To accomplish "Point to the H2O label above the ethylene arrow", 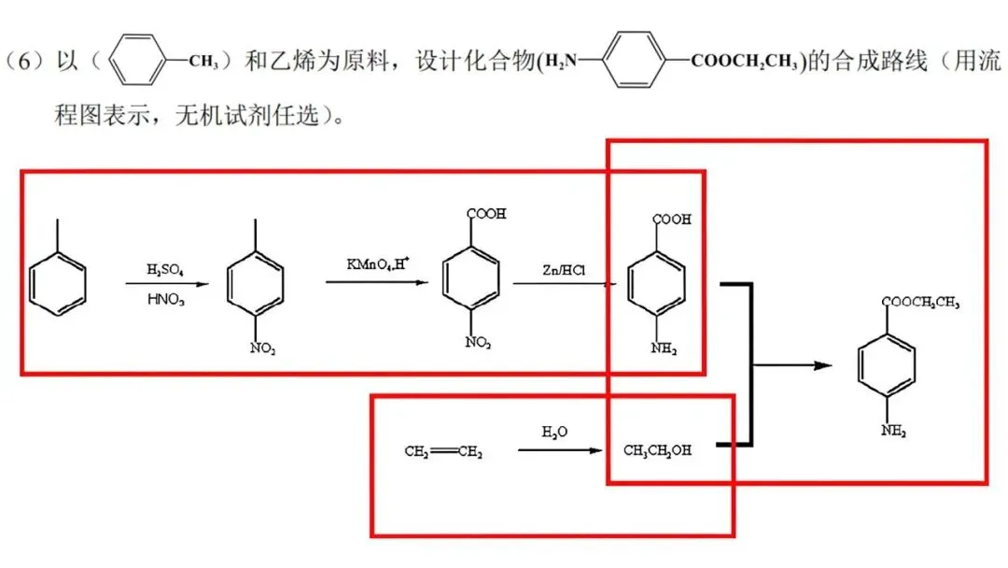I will (554, 432).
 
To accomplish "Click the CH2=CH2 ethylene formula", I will (443, 452).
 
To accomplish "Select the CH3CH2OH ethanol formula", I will (658, 450).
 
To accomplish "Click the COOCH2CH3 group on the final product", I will (920, 302).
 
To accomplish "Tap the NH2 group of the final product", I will (894, 432).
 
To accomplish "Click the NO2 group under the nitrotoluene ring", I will (262, 348).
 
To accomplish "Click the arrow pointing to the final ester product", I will (793, 365).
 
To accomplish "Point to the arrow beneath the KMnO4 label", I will (376, 280).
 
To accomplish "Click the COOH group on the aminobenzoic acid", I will (673, 220).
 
